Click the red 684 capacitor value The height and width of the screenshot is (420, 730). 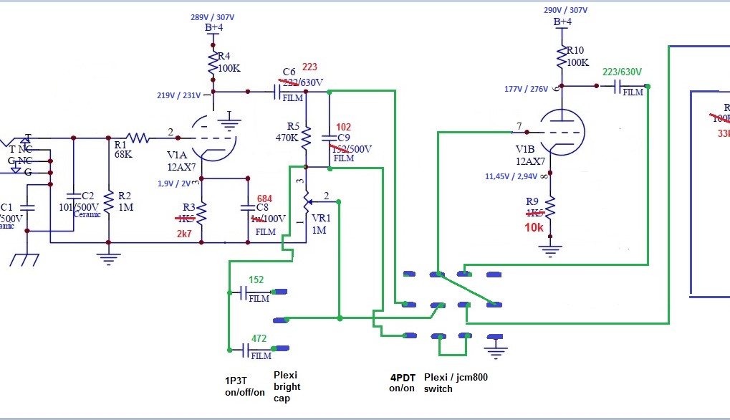265,198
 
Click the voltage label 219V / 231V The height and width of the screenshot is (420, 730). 183,95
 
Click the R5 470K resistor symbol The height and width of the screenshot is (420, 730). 306,135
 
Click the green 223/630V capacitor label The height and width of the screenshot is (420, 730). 622,72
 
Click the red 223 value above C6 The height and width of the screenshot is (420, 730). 309,67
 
